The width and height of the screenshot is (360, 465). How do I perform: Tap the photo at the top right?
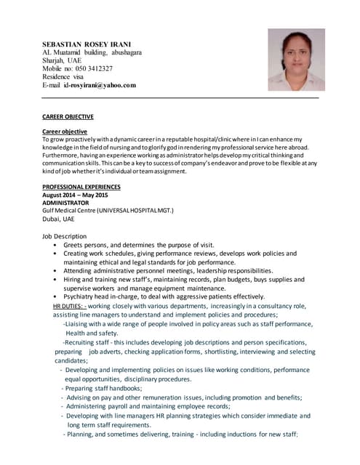296,60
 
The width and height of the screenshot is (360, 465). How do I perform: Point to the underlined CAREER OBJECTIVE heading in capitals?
68,116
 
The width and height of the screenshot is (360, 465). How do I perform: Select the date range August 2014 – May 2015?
75,195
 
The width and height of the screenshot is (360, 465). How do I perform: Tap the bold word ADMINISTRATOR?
65,203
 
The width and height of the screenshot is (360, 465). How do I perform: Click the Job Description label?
65,236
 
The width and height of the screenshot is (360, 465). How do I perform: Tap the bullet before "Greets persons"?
55,246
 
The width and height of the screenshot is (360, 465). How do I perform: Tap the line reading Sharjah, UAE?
62,61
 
